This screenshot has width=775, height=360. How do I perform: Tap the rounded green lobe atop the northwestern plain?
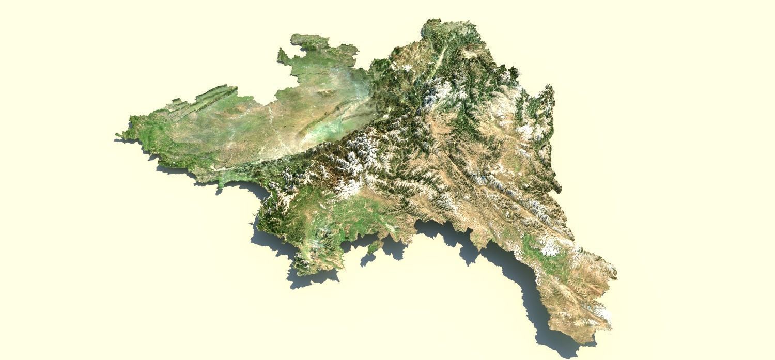pyautogui.click(x=305, y=41)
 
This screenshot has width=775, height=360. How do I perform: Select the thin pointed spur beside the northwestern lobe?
pyautogui.click(x=282, y=55)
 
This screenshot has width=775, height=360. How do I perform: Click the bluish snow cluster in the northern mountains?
pyautogui.click(x=434, y=96)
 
